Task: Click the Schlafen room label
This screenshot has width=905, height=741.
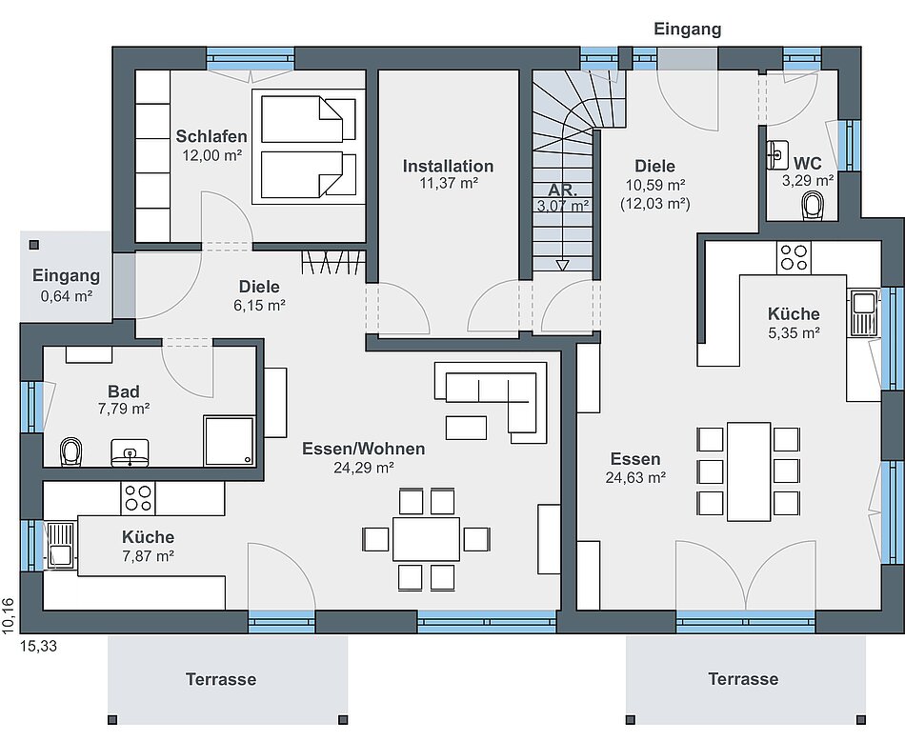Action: point(211,136)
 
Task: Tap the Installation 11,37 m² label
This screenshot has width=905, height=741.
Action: point(448,174)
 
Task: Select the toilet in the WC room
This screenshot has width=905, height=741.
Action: point(814,207)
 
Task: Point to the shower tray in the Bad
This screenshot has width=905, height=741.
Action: point(230,440)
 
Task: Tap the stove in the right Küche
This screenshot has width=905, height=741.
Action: point(794,257)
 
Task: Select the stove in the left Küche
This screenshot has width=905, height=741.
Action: point(138,499)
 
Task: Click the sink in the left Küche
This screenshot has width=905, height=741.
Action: point(60,545)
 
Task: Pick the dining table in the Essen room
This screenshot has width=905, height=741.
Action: point(749,471)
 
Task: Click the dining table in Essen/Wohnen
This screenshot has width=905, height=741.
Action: point(427,539)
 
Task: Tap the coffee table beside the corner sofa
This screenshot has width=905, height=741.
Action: point(466,428)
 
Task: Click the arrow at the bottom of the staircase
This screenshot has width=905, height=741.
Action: point(562,266)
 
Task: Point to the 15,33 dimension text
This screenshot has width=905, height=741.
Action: point(39,646)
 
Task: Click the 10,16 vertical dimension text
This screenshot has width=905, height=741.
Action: point(7,616)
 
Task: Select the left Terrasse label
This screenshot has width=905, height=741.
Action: point(221,679)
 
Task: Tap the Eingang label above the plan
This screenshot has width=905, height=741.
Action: point(688,29)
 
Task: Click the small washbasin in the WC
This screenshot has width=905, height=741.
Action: point(777,154)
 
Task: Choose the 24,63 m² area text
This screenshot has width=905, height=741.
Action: point(635,478)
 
